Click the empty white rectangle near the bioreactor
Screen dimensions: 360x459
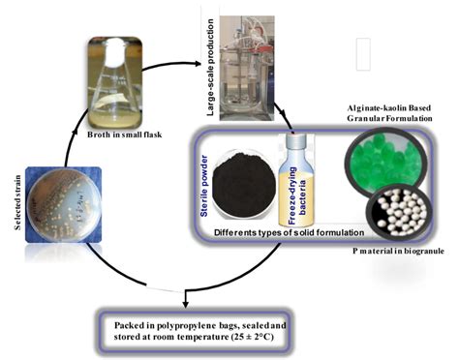(361, 54)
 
